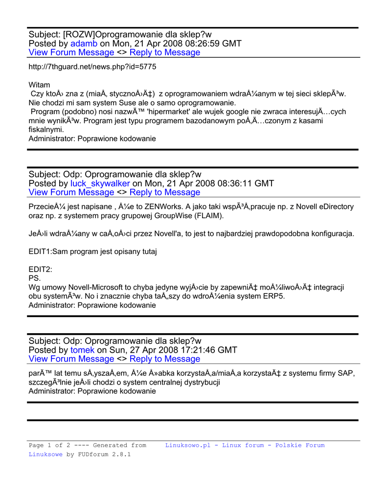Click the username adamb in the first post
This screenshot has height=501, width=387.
pyautogui.click(x=84, y=44)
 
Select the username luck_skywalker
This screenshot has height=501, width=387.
pyautogui.click(x=100, y=183)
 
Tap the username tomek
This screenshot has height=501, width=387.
pyautogui.click(x=83, y=350)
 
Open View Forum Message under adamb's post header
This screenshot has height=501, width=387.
pyautogui.click(x=71, y=52)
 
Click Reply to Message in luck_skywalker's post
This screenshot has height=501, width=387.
pyautogui.click(x=165, y=192)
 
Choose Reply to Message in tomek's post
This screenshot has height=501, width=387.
pyautogui.click(x=165, y=359)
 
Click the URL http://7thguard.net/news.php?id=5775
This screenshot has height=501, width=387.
pyautogui.click(x=92, y=67)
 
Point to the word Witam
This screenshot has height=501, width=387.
pyautogui.click(x=39, y=85)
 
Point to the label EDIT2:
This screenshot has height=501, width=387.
pyautogui.click(x=40, y=269)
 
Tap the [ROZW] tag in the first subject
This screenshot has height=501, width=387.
pyautogui.click(x=79, y=34)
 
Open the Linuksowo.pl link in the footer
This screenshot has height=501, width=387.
pyautogui.click(x=188, y=445)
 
